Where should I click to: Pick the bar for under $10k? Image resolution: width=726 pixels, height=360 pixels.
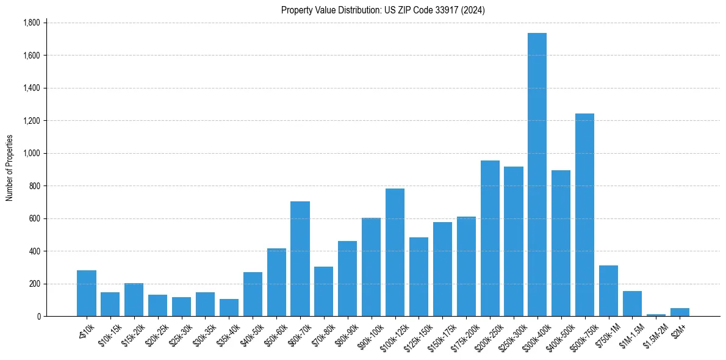tap(87, 293)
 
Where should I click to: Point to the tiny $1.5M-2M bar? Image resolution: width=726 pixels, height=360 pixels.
tap(656, 315)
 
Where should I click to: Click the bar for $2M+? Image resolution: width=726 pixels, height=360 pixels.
tap(680, 312)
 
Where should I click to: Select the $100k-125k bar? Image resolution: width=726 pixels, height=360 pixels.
tap(395, 253)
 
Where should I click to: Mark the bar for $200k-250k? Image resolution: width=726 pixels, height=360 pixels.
tap(490, 239)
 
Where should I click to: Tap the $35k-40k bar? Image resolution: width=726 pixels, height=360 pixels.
tap(229, 308)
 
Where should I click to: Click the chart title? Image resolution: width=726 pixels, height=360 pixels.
tap(383, 10)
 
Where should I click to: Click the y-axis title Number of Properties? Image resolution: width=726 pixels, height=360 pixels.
tap(10, 168)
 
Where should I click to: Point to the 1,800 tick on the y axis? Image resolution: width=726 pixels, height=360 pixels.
tap(31, 23)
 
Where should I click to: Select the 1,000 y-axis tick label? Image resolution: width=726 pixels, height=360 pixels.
tap(31, 153)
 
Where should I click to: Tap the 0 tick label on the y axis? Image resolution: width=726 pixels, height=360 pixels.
tap(38, 316)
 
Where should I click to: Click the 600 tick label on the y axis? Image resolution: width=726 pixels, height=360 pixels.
tap(34, 218)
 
